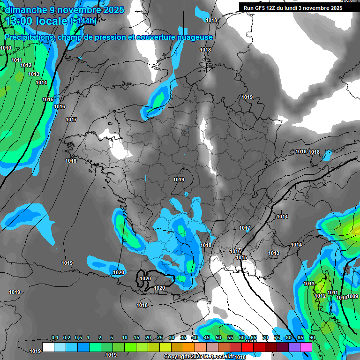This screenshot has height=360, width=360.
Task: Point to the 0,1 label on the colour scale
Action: (x=54, y=338)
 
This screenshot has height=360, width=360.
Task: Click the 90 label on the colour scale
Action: (x=312, y=338)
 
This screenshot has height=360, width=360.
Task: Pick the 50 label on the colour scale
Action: (x=218, y=338)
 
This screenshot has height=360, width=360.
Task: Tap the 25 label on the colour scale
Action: (x=160, y=338)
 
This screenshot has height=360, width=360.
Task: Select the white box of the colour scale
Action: (x=48, y=347)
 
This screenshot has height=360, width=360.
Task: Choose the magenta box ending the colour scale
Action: (x=306, y=347)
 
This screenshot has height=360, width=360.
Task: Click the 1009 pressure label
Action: (x=352, y=296)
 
